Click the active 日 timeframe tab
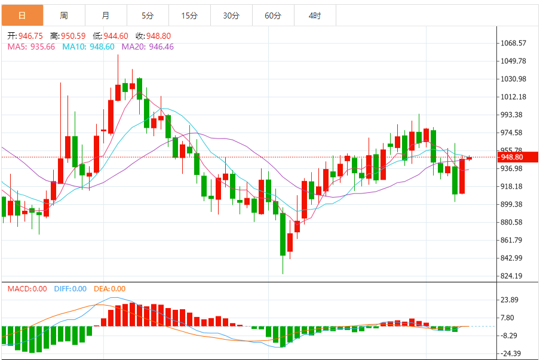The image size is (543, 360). click(22, 16)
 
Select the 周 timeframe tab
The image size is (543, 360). click(64, 16)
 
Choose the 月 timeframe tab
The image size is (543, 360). click(106, 16)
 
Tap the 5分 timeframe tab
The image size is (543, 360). click(148, 16)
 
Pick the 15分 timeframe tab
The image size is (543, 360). click(189, 16)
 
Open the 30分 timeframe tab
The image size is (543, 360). click(231, 16)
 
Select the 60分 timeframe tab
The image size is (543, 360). click(273, 16)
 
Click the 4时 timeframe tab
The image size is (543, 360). click(315, 16)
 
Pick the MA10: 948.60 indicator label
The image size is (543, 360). click(88, 47)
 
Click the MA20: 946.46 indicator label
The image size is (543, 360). click(148, 47)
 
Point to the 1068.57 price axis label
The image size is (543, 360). click(514, 43)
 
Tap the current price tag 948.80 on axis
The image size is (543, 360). click(512, 158)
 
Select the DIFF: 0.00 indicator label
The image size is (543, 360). click(70, 289)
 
